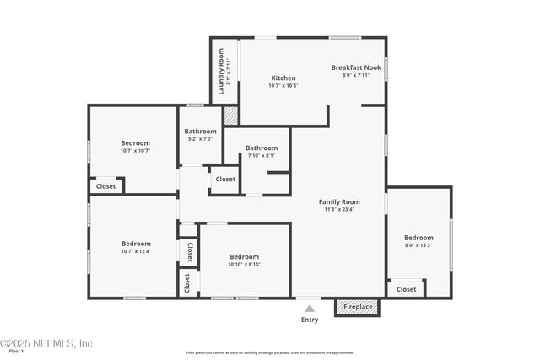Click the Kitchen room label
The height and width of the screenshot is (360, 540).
(283, 78)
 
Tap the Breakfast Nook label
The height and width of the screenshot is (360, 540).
(356, 67)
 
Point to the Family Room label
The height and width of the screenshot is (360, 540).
(339, 201)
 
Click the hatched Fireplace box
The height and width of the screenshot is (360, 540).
(358, 307)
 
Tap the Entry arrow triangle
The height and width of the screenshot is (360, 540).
(310, 309)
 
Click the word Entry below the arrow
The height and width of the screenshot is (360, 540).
(310, 320)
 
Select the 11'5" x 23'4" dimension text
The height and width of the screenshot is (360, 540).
(339, 210)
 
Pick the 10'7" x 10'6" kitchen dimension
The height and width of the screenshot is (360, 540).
(283, 85)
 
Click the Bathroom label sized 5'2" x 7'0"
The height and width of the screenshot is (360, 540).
(201, 132)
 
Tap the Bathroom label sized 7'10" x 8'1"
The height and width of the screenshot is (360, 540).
(262, 148)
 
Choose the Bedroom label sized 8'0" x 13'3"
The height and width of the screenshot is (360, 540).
(418, 238)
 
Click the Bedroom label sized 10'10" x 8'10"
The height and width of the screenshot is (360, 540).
(245, 256)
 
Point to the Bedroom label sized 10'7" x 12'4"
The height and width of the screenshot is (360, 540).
(136, 244)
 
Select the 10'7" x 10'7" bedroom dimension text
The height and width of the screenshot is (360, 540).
(135, 151)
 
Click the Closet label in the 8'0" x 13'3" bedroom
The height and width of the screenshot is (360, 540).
(407, 289)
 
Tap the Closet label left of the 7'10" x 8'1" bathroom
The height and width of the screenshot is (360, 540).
(225, 179)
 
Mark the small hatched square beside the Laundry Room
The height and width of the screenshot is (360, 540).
(230, 115)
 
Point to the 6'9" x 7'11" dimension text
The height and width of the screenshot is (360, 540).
(356, 75)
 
